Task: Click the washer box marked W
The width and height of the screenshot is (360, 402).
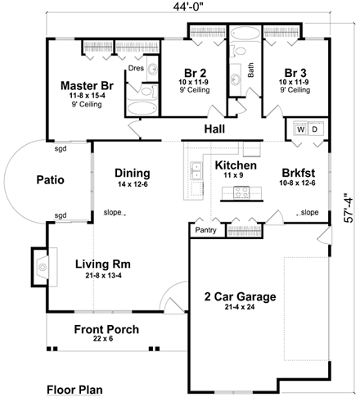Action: (x=300, y=129)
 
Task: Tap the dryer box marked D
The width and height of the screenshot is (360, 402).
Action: (x=315, y=129)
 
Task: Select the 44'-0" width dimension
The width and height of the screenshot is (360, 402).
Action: (x=188, y=7)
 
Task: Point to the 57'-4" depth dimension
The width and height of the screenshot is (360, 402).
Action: (x=349, y=208)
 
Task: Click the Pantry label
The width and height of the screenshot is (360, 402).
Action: (x=205, y=230)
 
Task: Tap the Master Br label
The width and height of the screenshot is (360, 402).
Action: (x=87, y=86)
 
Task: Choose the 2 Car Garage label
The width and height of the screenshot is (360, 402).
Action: (x=240, y=296)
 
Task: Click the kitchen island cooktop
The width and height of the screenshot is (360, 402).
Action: (x=241, y=192)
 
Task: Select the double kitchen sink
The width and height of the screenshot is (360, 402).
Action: (x=196, y=171)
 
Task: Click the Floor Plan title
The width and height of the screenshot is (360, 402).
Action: (x=74, y=390)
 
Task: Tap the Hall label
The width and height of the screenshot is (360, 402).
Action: (x=214, y=129)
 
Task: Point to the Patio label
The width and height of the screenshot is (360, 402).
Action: (x=51, y=180)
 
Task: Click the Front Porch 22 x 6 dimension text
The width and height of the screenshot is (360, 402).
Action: (x=103, y=339)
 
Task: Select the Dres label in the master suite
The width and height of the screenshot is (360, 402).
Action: (x=136, y=68)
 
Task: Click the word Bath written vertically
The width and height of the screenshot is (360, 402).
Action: (x=250, y=70)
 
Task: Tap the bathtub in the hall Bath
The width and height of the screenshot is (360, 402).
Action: (x=245, y=34)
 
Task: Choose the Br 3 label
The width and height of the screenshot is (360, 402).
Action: (x=295, y=73)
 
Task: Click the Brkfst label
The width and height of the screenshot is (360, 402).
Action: (x=299, y=173)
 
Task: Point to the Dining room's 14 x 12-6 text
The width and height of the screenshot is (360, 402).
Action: (x=133, y=184)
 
